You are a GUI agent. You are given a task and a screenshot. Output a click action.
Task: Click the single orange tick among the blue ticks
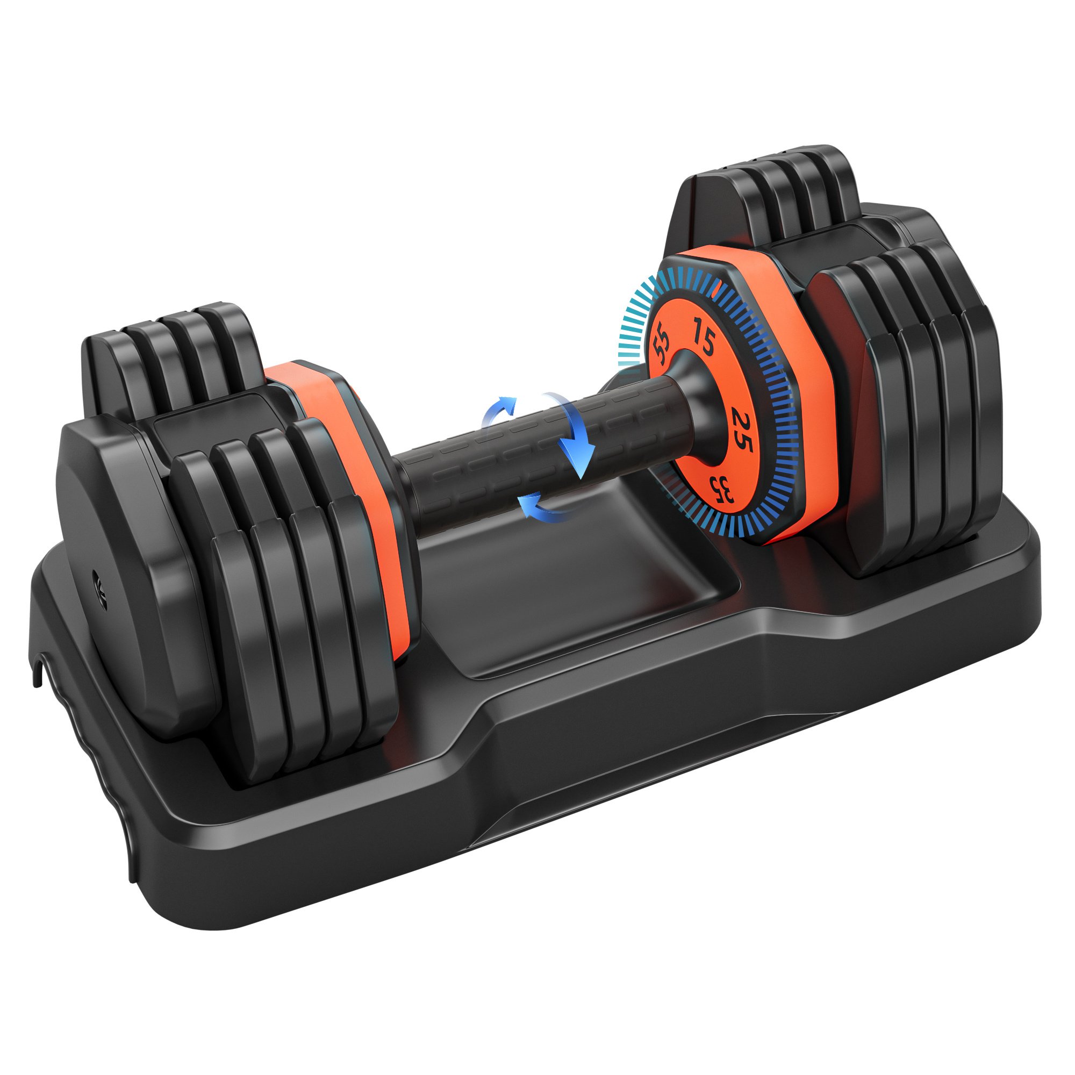(x=718, y=286)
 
